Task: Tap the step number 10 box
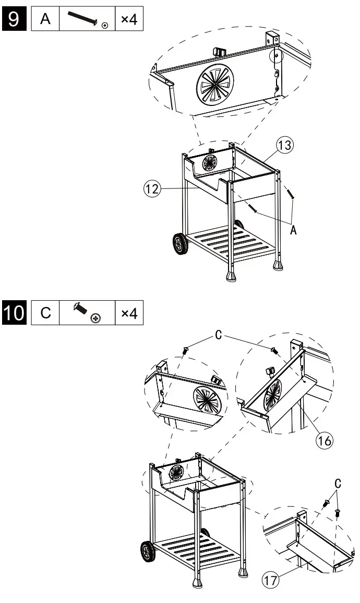(x=14, y=313)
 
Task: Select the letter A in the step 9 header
(x=45, y=20)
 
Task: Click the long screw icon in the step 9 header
(x=87, y=20)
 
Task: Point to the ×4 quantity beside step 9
(x=128, y=20)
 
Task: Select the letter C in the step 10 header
(x=45, y=313)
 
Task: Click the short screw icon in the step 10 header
(x=87, y=313)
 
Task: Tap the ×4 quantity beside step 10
(x=128, y=313)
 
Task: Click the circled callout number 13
(x=284, y=146)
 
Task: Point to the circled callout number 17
(x=271, y=579)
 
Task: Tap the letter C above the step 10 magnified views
(x=219, y=335)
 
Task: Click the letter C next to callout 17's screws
(x=338, y=482)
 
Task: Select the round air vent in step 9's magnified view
(x=218, y=86)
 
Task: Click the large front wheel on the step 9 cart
(x=179, y=244)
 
